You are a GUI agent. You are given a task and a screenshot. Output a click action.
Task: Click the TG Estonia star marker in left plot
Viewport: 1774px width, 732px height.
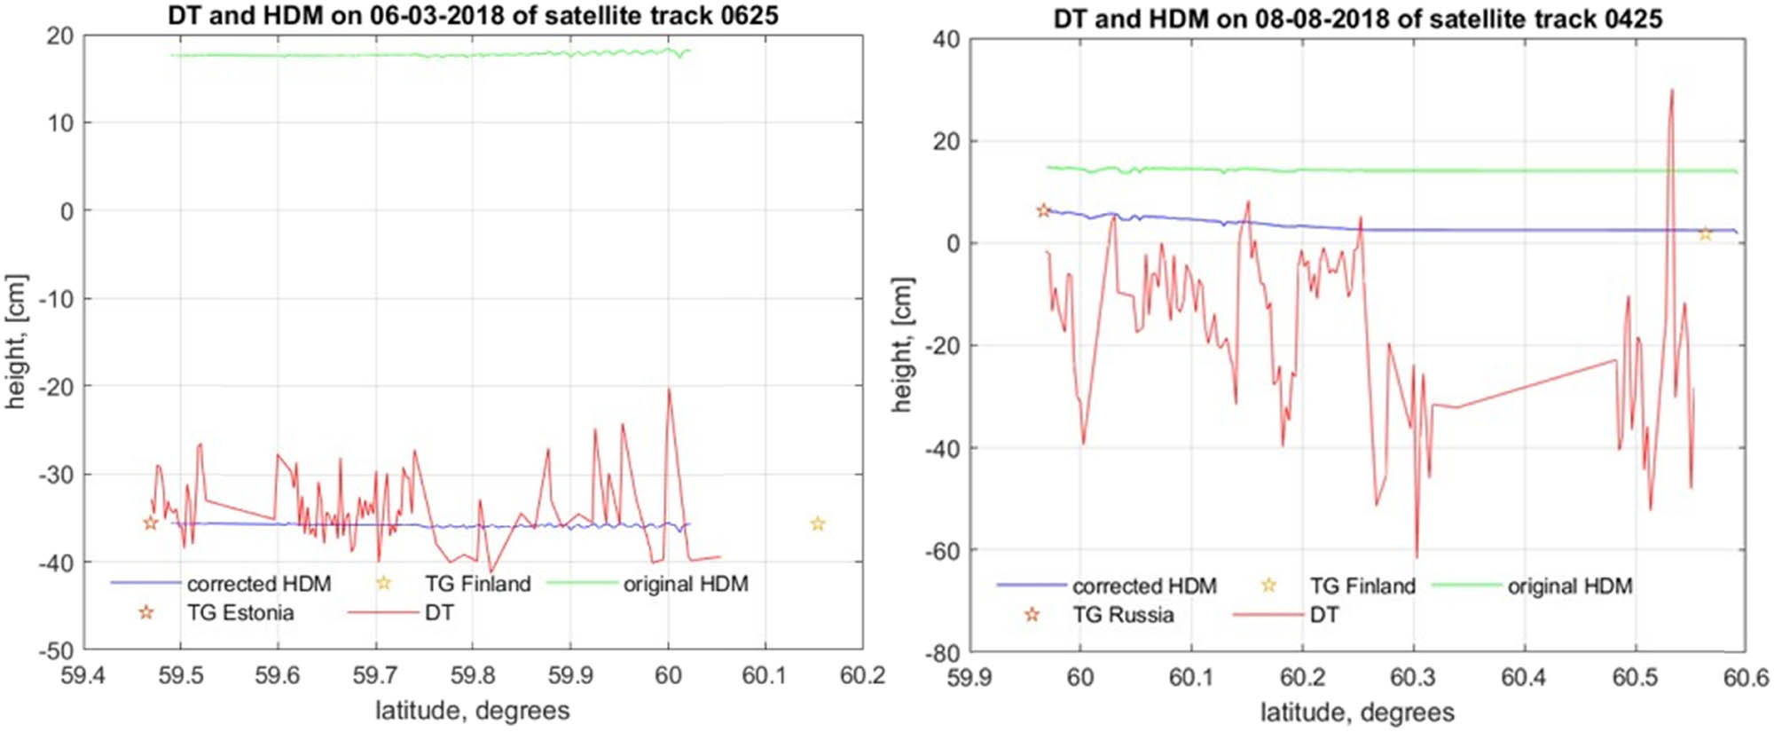coord(151,523)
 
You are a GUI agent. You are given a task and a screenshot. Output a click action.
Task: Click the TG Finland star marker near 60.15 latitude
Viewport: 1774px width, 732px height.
coord(818,524)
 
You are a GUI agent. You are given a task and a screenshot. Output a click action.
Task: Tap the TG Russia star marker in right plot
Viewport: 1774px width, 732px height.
coord(1043,210)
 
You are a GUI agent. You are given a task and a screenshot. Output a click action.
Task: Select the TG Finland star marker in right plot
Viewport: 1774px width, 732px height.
coord(1705,234)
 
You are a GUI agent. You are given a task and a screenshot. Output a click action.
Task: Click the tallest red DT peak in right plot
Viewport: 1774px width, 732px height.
coord(1671,91)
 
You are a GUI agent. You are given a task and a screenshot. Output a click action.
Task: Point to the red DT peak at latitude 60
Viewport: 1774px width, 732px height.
coord(669,390)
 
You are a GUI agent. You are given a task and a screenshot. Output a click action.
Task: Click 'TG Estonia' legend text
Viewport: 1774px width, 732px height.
coord(239,613)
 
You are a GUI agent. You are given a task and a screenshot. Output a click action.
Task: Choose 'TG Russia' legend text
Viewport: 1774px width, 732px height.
coord(1122,615)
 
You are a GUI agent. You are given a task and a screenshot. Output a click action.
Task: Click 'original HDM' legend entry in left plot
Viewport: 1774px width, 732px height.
coord(685,584)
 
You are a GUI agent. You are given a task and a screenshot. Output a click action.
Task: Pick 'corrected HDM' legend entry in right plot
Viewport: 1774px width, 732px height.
coord(1143,586)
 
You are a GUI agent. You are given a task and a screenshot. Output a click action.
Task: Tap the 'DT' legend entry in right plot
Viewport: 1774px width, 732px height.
coord(1323,615)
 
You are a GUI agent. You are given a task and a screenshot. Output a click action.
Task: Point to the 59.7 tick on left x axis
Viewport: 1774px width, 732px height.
coord(374,676)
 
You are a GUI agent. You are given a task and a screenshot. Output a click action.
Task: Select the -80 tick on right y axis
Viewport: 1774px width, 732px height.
coord(942,654)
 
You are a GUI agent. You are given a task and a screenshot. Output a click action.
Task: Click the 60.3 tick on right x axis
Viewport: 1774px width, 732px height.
coord(1412,679)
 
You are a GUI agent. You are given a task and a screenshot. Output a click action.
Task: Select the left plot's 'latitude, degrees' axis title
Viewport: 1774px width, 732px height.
coord(472,711)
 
